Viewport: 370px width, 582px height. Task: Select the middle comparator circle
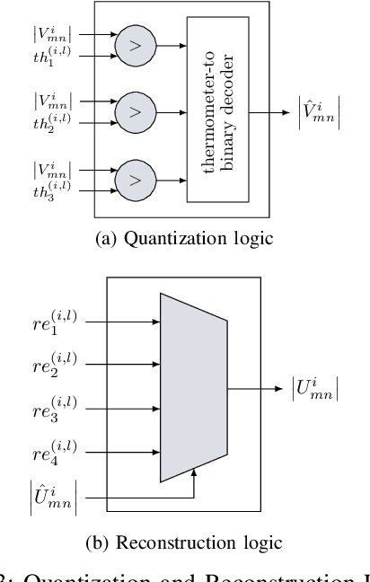[x=133, y=111]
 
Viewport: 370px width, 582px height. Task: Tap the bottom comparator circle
[x=133, y=179]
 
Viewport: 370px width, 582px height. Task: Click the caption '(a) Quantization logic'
[x=184, y=238]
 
